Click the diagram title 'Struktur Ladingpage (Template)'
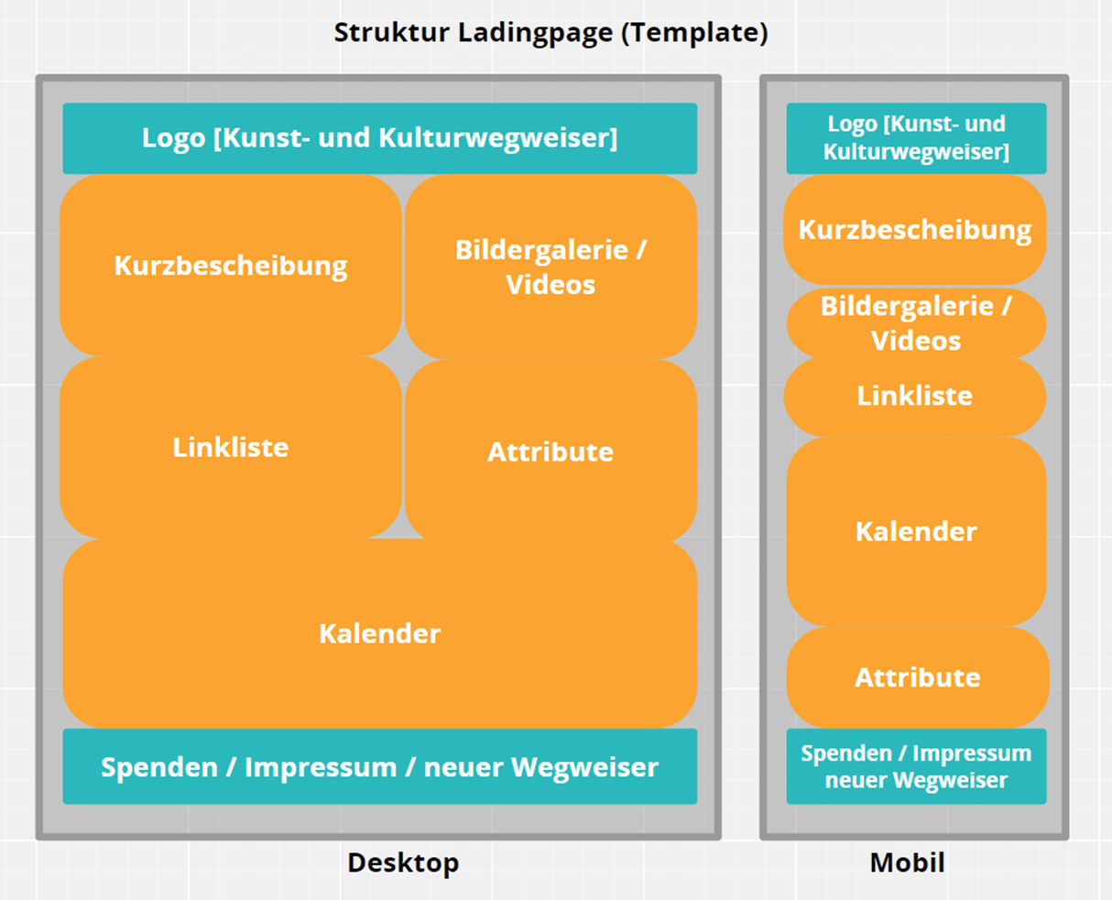(551, 33)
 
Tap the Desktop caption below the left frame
(403, 862)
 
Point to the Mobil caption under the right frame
(907, 862)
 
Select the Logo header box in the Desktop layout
(379, 138)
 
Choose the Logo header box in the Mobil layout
(916, 138)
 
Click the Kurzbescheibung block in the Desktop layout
(231, 266)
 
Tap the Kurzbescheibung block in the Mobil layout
(915, 230)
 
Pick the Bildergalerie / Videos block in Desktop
(551, 266)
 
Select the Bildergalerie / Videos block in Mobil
(916, 323)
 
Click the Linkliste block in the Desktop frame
(231, 447)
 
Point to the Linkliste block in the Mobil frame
(915, 396)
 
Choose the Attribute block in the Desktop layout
(551, 451)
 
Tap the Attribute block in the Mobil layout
(917, 678)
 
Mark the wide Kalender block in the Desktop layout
(379, 634)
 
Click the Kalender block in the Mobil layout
(916, 532)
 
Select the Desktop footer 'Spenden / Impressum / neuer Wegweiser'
(379, 767)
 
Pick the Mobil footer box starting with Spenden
(916, 767)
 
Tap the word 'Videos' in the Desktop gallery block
(551, 285)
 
